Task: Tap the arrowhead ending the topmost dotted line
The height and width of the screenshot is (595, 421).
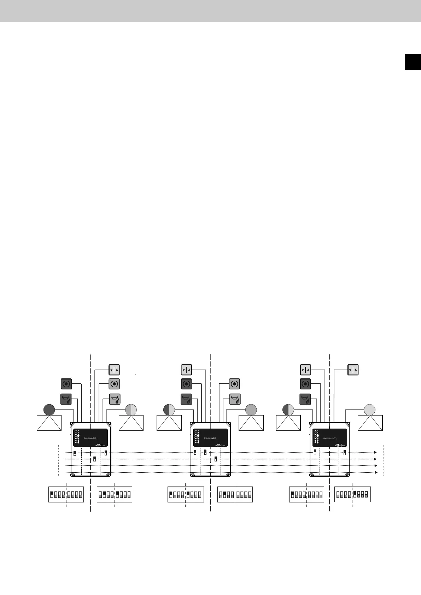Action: coord(376,452)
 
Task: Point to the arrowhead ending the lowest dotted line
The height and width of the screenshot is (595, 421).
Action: coord(376,472)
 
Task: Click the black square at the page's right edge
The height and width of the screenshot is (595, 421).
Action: coord(413,62)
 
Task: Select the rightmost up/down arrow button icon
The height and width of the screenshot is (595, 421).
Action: coord(353,370)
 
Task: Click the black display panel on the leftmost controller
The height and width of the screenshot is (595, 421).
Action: coord(91,438)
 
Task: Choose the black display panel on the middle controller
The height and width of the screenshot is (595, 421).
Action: coord(210,438)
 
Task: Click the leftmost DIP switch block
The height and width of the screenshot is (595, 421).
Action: coord(66,494)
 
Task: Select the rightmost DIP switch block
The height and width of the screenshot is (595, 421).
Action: coord(352,494)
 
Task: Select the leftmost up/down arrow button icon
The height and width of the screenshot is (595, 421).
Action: coord(114,370)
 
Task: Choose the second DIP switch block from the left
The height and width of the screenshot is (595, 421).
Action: coord(115,494)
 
